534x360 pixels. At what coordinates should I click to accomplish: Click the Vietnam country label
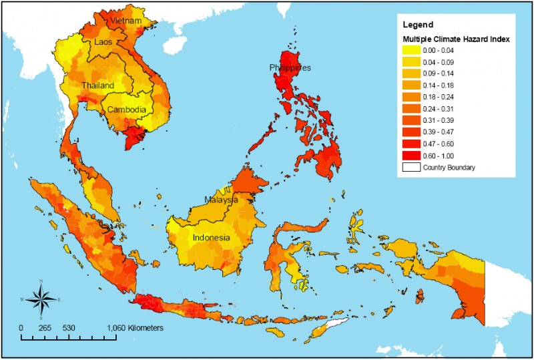(x=127, y=21)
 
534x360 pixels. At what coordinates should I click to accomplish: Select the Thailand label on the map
(x=98, y=85)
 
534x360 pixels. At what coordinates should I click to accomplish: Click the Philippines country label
(x=290, y=67)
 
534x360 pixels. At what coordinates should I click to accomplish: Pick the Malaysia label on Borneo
(x=221, y=200)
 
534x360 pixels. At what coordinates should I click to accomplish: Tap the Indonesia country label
(x=212, y=238)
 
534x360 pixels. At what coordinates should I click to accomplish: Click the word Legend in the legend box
(x=418, y=24)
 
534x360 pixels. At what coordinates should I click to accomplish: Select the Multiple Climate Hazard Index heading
(x=456, y=40)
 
